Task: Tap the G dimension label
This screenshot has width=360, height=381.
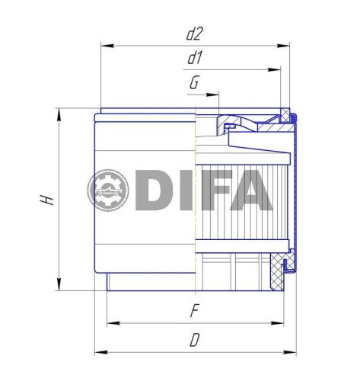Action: pyautogui.click(x=194, y=83)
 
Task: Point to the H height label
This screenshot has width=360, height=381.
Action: pyautogui.click(x=47, y=199)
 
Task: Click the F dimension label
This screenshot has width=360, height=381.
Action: pyautogui.click(x=194, y=312)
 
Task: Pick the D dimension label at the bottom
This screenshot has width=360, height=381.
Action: pyautogui.click(x=194, y=341)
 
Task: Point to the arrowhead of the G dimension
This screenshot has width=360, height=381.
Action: pyautogui.click(x=215, y=95)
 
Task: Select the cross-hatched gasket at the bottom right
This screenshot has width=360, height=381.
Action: pyautogui.click(x=278, y=272)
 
